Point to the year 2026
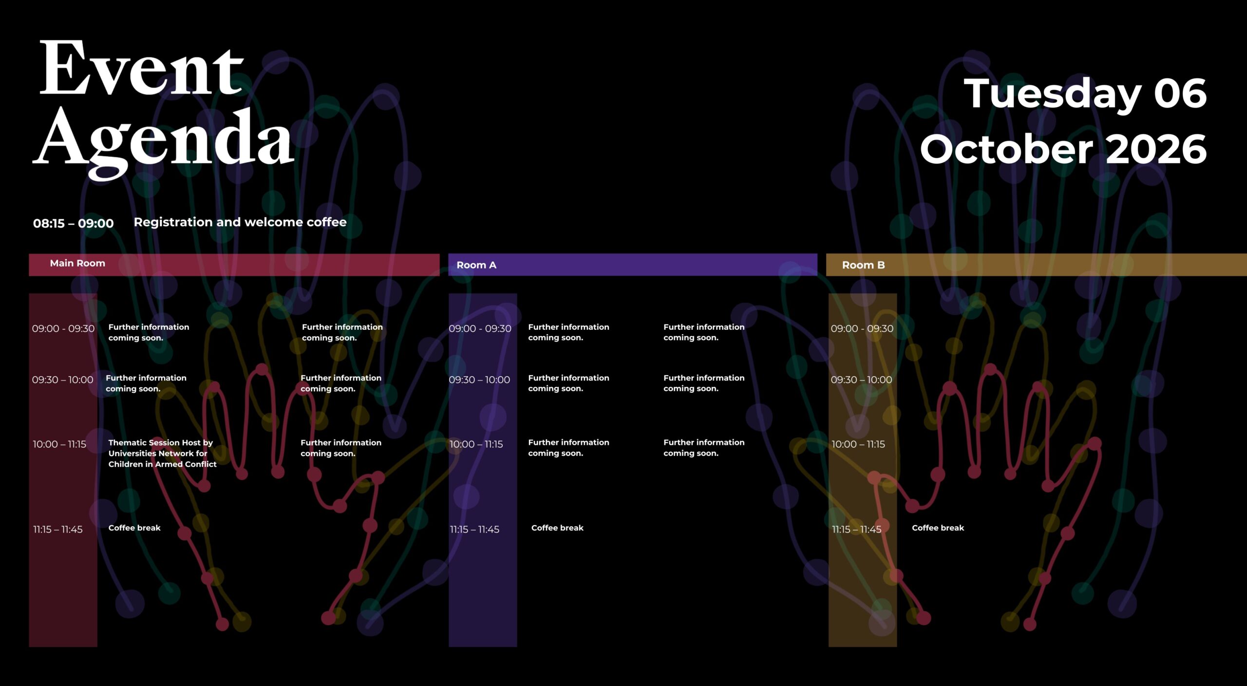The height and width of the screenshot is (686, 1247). click(1156, 149)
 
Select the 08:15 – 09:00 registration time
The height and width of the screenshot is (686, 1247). click(73, 223)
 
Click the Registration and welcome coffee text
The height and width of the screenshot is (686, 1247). click(240, 222)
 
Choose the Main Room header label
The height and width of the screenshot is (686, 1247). click(77, 263)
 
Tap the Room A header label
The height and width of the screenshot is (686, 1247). click(476, 265)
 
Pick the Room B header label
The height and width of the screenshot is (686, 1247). click(863, 265)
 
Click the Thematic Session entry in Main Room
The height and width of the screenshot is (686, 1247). click(162, 453)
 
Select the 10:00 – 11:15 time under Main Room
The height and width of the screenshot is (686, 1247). click(59, 444)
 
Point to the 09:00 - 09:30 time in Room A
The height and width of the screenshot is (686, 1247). click(480, 328)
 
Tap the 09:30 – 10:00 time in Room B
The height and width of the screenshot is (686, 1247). click(861, 380)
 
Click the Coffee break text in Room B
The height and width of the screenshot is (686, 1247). click(938, 528)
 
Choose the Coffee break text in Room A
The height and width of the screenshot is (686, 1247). click(557, 528)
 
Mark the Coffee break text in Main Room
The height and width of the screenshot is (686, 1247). click(134, 528)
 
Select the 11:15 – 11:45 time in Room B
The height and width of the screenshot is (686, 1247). click(856, 529)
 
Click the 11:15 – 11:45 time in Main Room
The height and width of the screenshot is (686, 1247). click(58, 529)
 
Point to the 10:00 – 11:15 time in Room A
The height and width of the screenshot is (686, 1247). click(476, 444)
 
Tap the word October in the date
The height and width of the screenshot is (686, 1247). click(1006, 149)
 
